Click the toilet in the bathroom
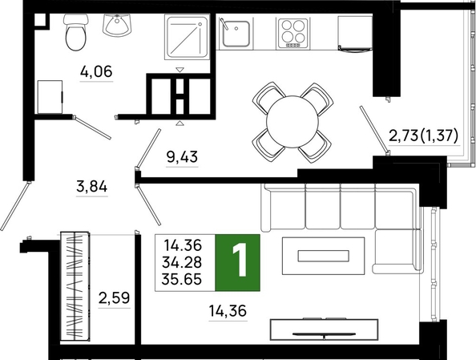click(76, 32)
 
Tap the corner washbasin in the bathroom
click(118, 25)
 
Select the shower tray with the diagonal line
click(188, 37)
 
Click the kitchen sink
click(235, 33)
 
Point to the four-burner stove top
click(293, 34)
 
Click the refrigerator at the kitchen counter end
click(355, 34)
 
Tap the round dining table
click(292, 122)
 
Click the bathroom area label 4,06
click(96, 71)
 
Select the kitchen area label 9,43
click(182, 157)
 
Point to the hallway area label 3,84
click(92, 186)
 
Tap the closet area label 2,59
click(114, 297)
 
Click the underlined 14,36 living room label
click(228, 311)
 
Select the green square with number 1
click(238, 263)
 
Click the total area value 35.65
click(182, 279)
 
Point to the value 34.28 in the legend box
click(182, 262)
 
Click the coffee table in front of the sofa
click(323, 256)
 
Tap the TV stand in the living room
click(324, 330)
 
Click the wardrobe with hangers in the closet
click(75, 286)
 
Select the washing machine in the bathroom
click(50, 97)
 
